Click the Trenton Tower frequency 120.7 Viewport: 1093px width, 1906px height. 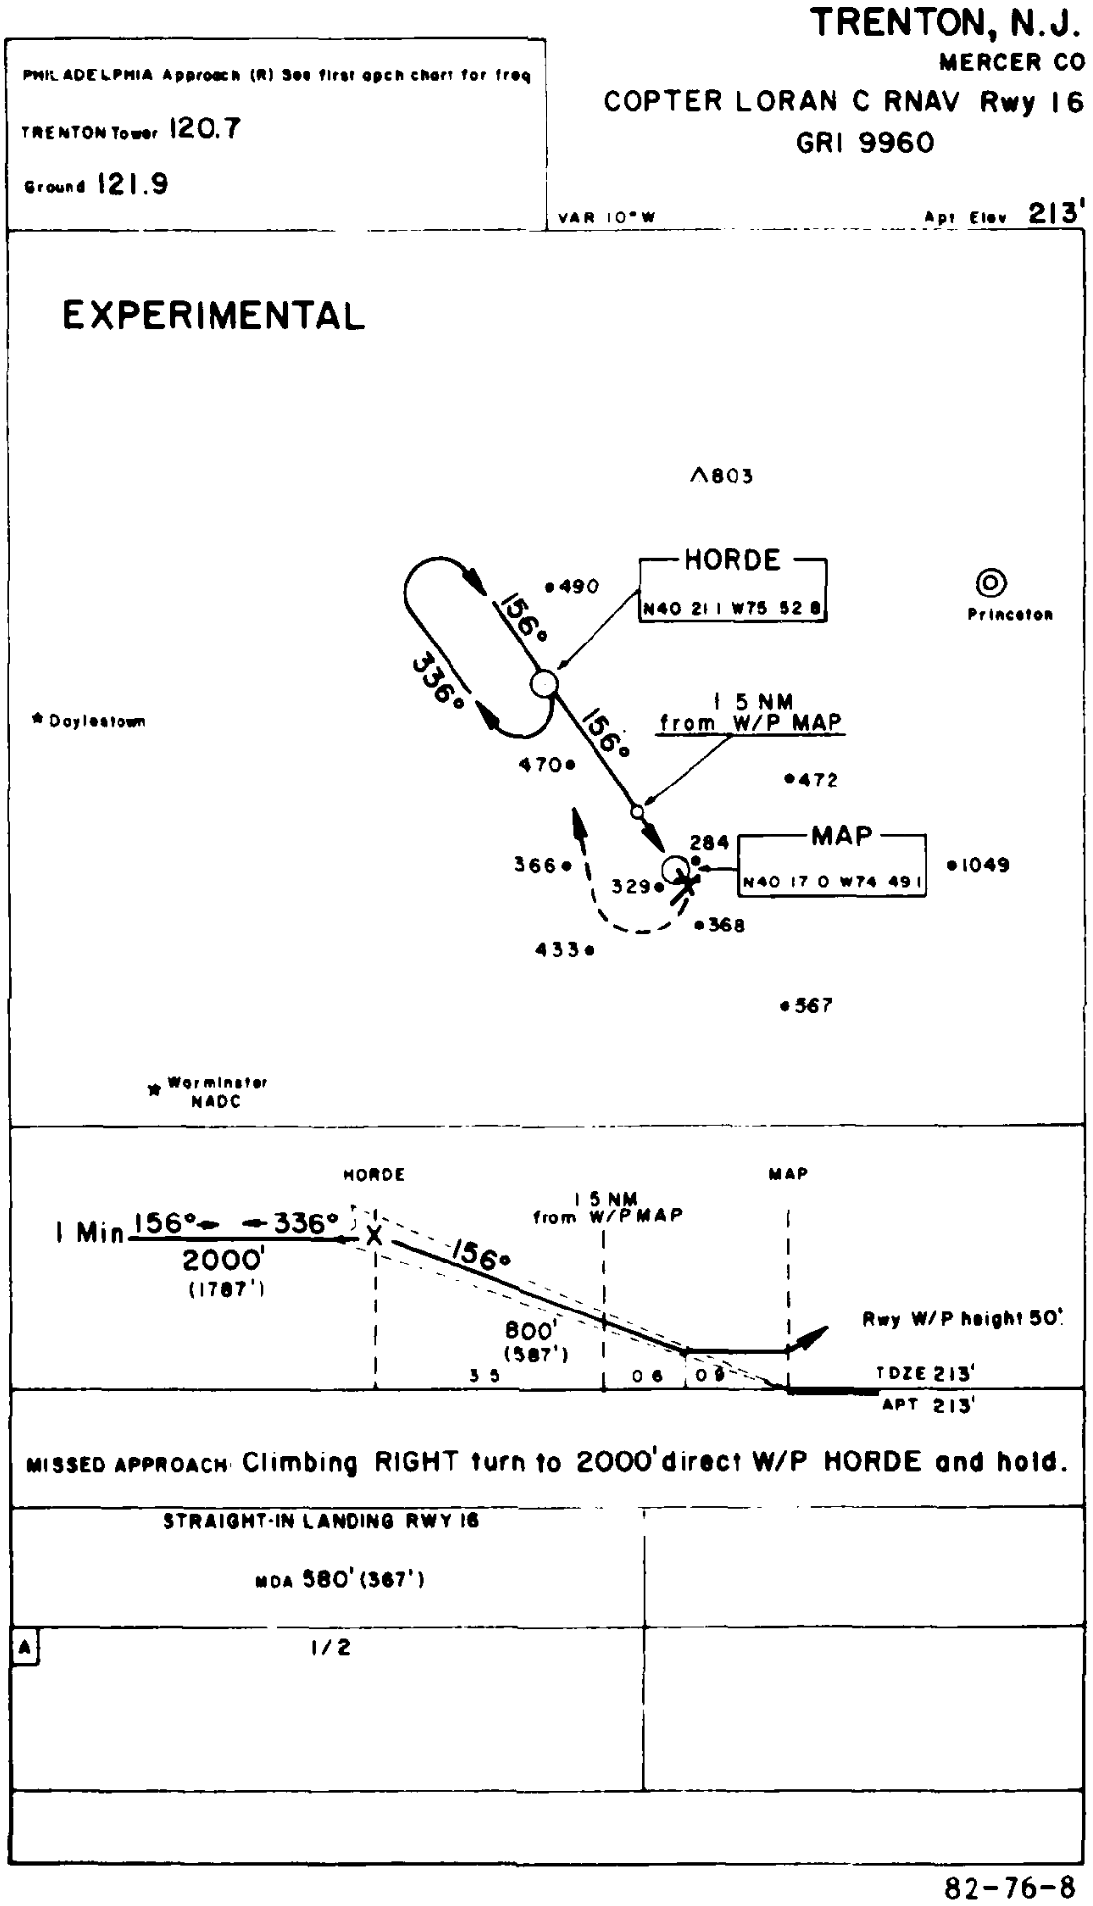pyautogui.click(x=205, y=129)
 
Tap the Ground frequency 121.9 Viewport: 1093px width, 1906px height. pyautogui.click(x=132, y=185)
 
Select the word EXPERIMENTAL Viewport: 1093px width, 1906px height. pyautogui.click(x=214, y=316)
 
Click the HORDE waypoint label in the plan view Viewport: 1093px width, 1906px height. pyautogui.click(x=732, y=561)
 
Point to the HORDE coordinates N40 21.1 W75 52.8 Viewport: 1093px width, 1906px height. pyautogui.click(x=732, y=609)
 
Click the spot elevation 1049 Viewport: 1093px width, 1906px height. pyautogui.click(x=983, y=865)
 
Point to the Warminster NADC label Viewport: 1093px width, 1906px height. pyautogui.click(x=216, y=1092)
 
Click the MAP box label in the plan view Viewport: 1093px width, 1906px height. pyautogui.click(x=840, y=836)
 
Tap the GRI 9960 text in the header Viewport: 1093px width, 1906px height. pyautogui.click(x=866, y=143)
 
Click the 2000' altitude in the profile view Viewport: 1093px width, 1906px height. pyautogui.click(x=224, y=1260)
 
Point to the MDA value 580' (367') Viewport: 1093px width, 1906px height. pyautogui.click(x=339, y=1580)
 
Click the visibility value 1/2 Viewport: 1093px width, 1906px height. pyautogui.click(x=330, y=1647)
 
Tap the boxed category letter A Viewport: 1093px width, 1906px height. pyautogui.click(x=25, y=1648)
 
